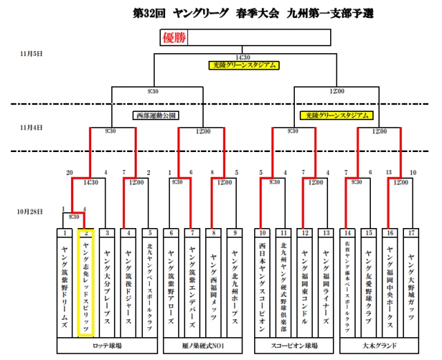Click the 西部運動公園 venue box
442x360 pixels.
pyautogui.click(x=156, y=115)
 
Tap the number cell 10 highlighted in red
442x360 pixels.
pyautogui.click(x=263, y=233)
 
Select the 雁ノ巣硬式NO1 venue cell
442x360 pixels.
pyautogui.click(x=204, y=344)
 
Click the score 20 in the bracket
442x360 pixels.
pyautogui.click(x=69, y=173)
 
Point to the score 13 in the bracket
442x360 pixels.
pyautogui.click(x=389, y=173)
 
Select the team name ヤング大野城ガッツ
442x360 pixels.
pyautogui.click(x=412, y=283)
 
